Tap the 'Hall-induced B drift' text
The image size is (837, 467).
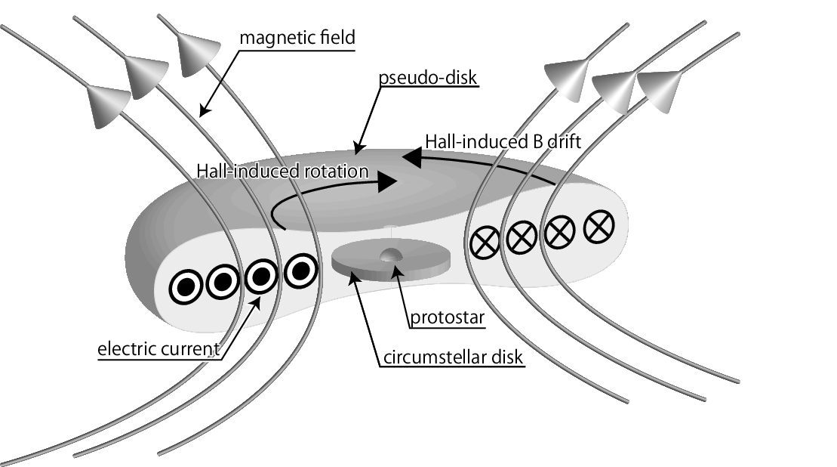[x=503, y=141]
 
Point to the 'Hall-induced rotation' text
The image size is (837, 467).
[x=282, y=172]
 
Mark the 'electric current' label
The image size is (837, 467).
[x=158, y=349]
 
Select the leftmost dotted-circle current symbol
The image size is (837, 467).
[x=184, y=286]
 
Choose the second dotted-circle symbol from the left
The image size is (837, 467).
[x=222, y=282]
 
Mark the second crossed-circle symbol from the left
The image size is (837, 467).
[x=522, y=239]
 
